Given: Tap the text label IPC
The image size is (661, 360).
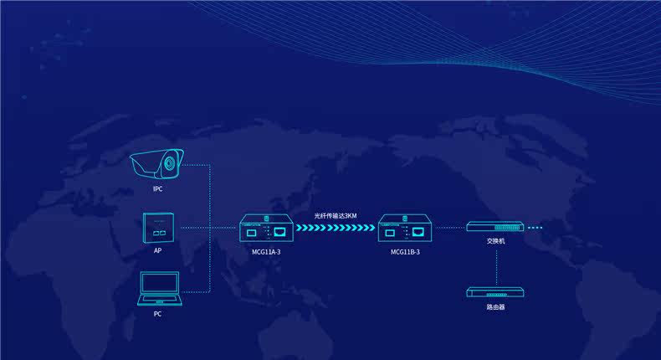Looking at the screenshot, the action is [x=157, y=189].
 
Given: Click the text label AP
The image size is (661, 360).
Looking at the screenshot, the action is [x=157, y=250].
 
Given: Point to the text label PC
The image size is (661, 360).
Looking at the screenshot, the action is [x=157, y=314].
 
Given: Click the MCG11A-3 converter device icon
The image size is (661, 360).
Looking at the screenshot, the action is [x=266, y=229].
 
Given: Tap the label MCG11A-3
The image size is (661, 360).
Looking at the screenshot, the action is [x=266, y=251].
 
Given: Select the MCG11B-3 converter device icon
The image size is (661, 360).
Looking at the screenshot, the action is [x=405, y=229].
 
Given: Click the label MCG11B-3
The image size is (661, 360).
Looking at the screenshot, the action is [x=405, y=251].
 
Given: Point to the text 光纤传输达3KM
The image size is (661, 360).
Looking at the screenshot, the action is [x=336, y=215].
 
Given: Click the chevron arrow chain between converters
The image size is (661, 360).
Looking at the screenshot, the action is [x=336, y=228].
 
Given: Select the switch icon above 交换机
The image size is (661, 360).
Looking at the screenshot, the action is [x=495, y=227].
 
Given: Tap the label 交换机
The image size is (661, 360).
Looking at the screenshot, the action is [x=495, y=241].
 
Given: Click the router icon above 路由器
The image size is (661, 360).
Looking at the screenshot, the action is [x=495, y=293].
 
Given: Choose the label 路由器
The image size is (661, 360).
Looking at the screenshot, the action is [x=495, y=307].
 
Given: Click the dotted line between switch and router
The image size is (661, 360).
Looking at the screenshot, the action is [x=495, y=266].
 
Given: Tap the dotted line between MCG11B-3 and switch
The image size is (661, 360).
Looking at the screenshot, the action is [x=450, y=228].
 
